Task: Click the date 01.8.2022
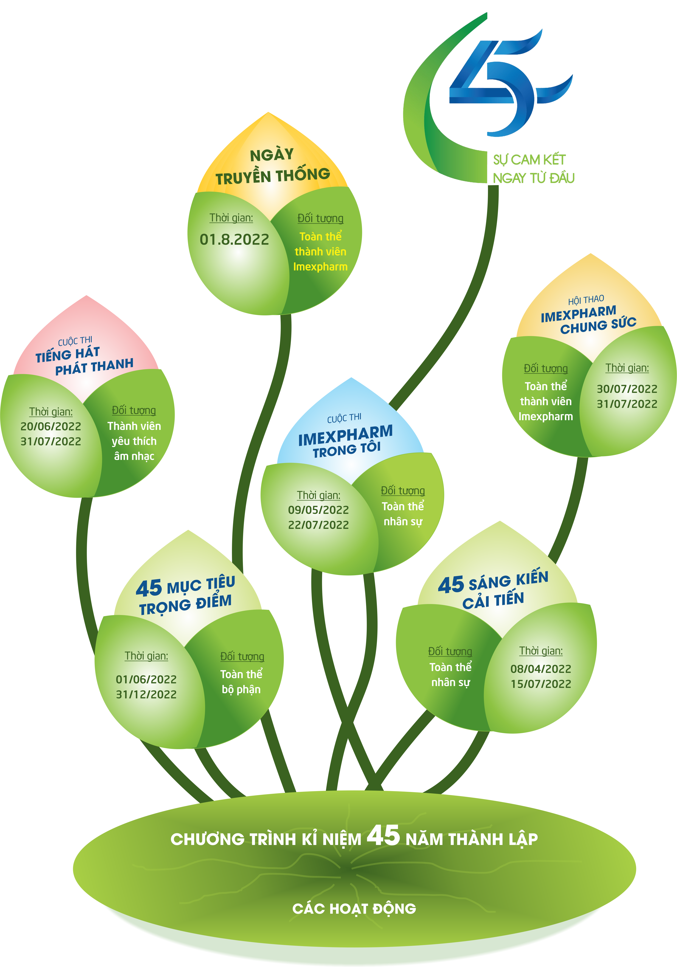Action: (234, 240)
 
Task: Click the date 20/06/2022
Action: (51, 426)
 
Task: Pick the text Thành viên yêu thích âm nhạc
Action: (134, 441)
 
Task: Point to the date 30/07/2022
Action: (627, 389)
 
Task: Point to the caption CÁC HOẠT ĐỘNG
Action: (354, 908)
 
